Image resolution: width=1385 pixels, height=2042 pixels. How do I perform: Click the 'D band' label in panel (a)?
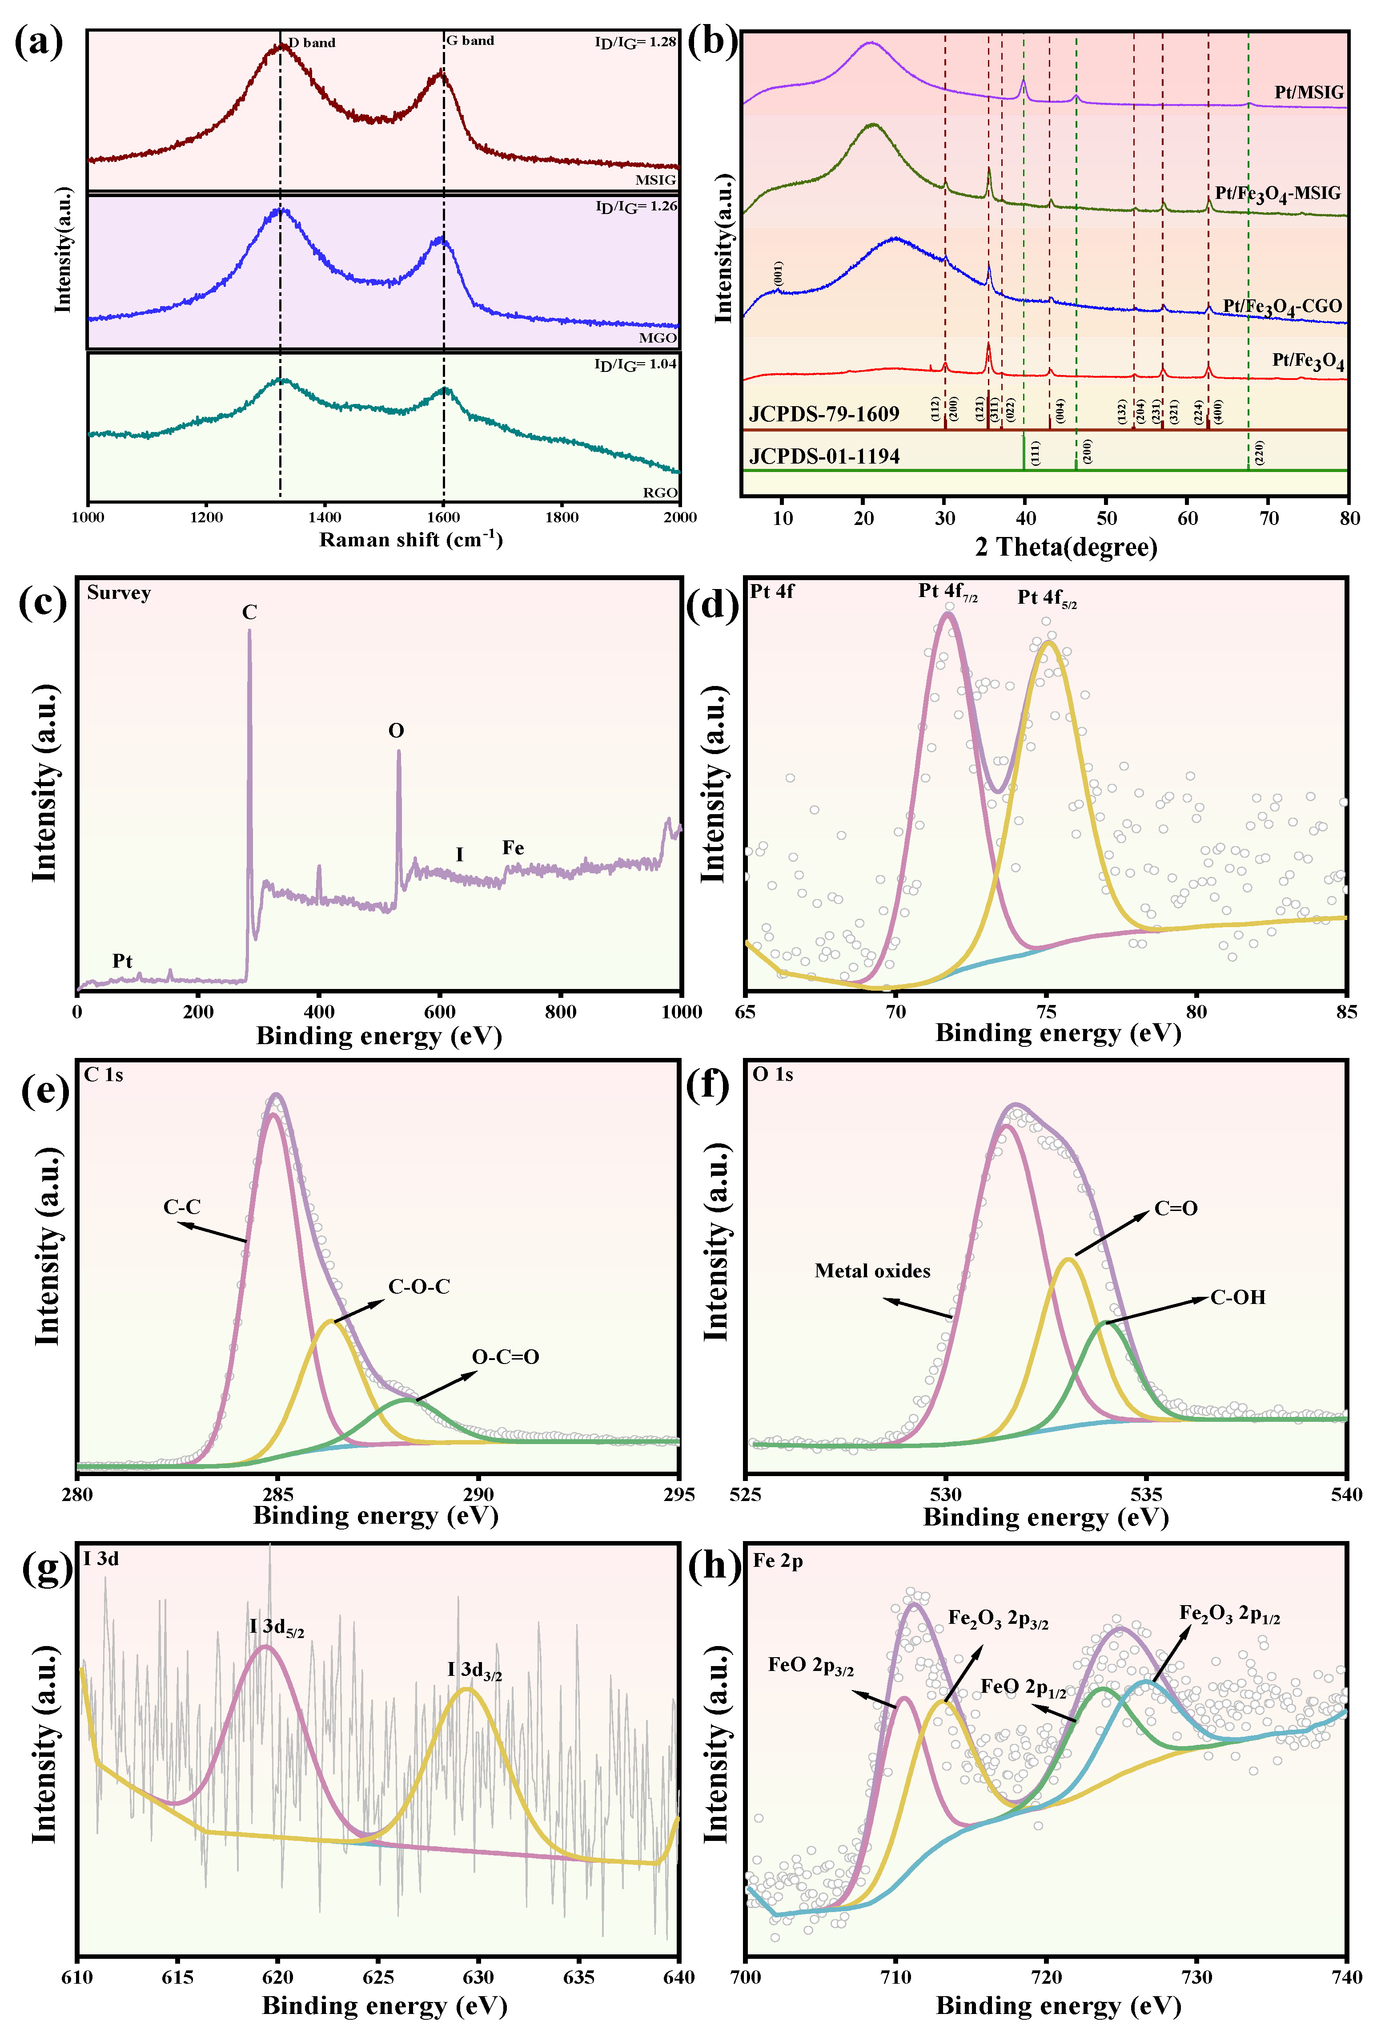click(x=312, y=42)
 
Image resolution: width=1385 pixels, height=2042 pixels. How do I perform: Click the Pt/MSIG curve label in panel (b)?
click(x=1309, y=92)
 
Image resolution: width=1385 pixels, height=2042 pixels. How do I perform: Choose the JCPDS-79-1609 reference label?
click(x=824, y=414)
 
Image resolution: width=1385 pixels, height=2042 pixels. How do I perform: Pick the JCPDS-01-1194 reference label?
click(x=824, y=456)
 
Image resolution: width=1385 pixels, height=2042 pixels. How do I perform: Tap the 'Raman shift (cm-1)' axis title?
click(x=410, y=540)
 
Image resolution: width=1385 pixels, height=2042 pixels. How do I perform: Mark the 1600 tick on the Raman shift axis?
click(x=444, y=517)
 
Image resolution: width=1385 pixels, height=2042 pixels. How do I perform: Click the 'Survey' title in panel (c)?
click(x=119, y=593)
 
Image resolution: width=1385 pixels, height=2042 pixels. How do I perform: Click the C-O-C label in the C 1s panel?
click(x=419, y=1286)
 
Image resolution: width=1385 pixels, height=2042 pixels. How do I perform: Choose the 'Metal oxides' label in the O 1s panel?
click(x=872, y=1271)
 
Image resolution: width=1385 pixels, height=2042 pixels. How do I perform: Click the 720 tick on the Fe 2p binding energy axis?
click(x=1046, y=1977)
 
